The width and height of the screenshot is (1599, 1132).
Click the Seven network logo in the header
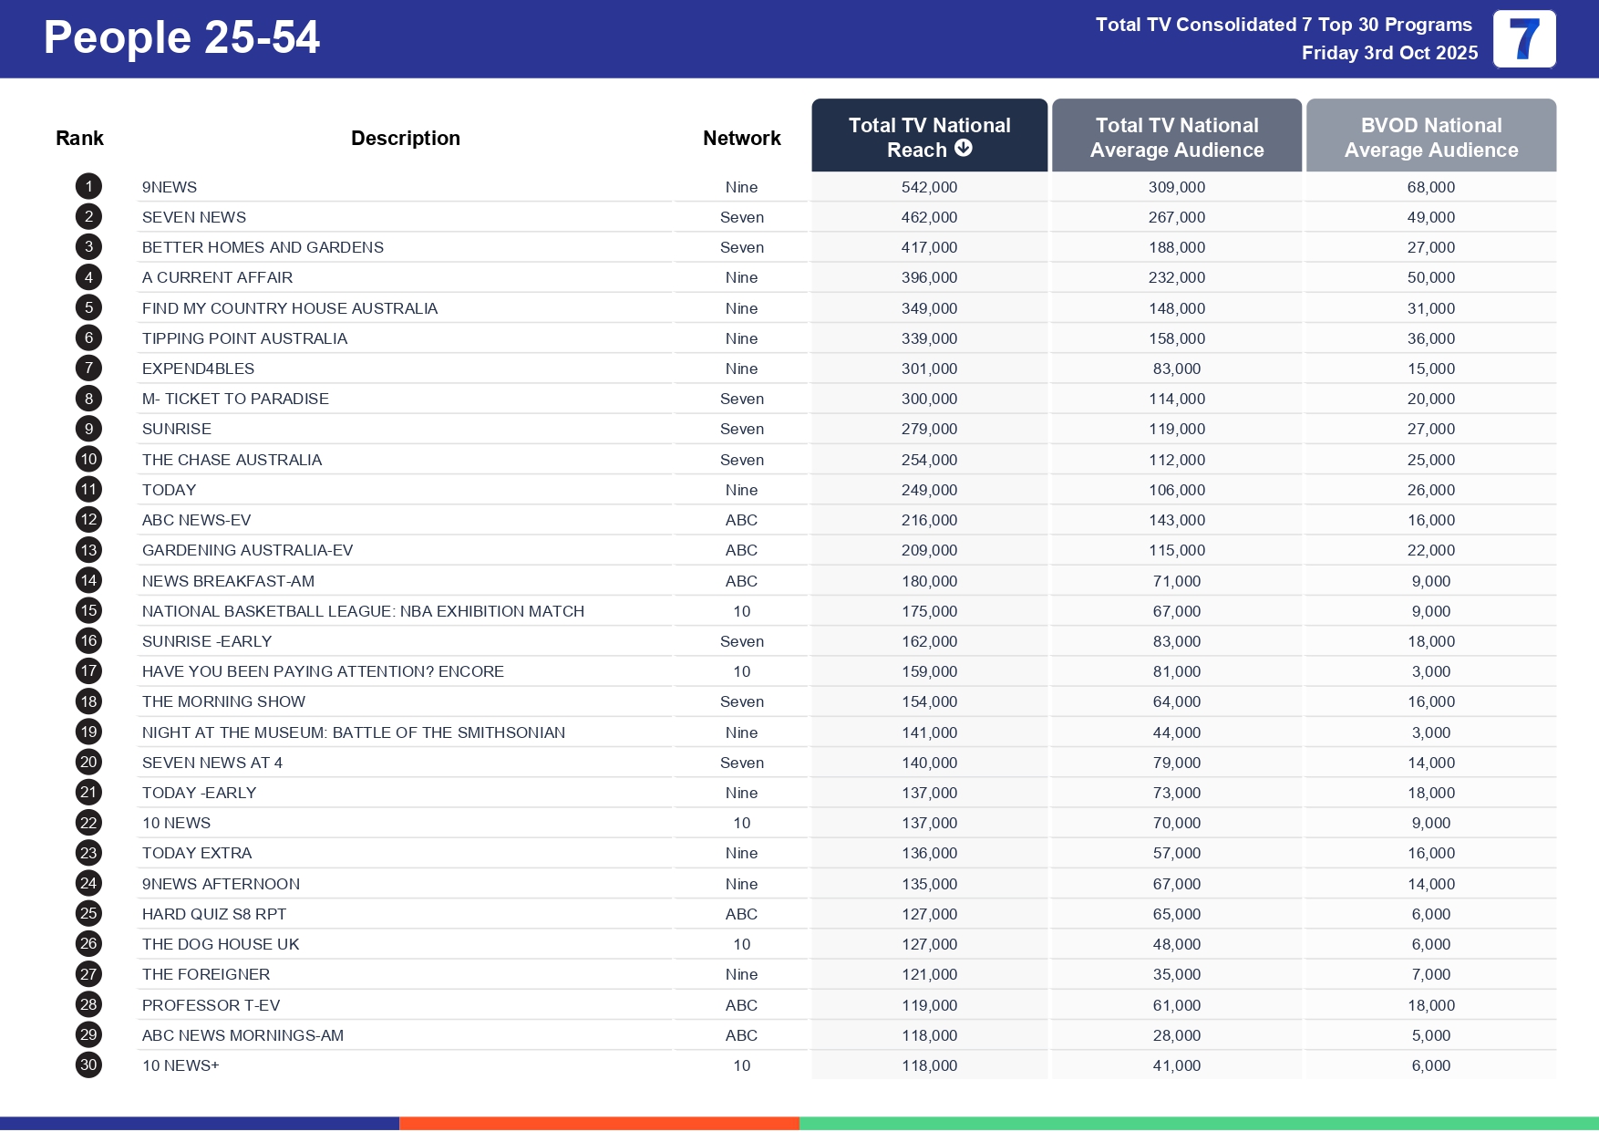click(x=1524, y=39)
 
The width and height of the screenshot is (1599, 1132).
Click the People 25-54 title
click(x=181, y=38)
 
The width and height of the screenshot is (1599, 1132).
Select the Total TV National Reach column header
click(x=929, y=137)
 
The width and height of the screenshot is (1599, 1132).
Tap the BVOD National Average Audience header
click(x=1430, y=137)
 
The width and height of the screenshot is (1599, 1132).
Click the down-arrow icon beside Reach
click(x=964, y=149)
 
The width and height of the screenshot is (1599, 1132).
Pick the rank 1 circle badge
click(x=88, y=187)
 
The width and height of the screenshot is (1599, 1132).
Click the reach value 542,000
click(x=929, y=187)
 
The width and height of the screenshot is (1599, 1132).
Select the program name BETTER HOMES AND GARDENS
click(x=263, y=247)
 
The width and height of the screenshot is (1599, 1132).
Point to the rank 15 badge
click(x=88, y=611)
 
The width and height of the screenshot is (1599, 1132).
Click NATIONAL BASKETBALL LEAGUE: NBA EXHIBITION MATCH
click(x=363, y=611)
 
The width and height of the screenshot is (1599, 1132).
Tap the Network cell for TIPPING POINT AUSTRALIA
click(x=741, y=338)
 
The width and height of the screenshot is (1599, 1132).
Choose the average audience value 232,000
click(x=1176, y=277)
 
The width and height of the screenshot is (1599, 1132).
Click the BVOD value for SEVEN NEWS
click(x=1430, y=217)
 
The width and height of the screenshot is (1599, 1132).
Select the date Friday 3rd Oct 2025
click(x=1389, y=53)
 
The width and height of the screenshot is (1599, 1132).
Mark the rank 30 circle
click(x=88, y=1064)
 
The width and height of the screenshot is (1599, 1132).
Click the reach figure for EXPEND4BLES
click(x=929, y=369)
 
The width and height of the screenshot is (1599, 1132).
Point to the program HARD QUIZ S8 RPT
click(x=214, y=914)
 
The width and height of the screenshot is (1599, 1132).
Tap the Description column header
click(x=406, y=138)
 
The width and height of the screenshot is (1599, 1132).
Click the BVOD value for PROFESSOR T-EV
click(x=1430, y=1005)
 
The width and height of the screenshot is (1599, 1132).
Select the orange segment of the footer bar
click(x=599, y=1123)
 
